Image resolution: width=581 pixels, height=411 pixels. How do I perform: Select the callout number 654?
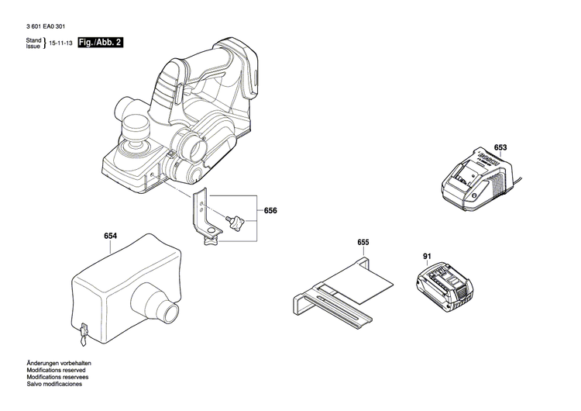(x=111, y=236)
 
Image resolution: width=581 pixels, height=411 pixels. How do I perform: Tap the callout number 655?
(x=363, y=243)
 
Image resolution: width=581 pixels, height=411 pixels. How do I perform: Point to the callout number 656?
(x=270, y=211)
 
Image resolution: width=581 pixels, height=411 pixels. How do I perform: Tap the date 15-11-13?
(x=61, y=43)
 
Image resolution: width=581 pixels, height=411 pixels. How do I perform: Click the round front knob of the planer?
(x=135, y=125)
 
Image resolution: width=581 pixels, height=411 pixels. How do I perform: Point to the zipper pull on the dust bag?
(x=81, y=336)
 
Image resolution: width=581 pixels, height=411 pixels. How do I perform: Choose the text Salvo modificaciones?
(x=53, y=385)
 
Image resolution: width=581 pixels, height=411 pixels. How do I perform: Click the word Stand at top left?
(x=33, y=40)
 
